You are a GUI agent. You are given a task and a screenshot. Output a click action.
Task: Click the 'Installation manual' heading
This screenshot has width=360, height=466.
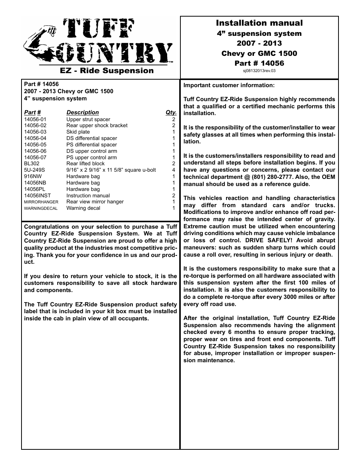coord(259,23)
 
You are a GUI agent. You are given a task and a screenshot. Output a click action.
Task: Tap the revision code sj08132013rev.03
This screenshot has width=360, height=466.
coord(259,71)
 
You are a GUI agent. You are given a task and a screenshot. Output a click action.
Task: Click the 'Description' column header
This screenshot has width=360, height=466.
coord(82,112)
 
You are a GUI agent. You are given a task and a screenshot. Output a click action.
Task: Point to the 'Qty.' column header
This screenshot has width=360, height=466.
coord(171,112)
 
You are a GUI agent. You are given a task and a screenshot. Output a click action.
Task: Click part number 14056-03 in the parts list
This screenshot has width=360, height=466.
coord(35,132)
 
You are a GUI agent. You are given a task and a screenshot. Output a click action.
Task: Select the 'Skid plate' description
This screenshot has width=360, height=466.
coord(78,132)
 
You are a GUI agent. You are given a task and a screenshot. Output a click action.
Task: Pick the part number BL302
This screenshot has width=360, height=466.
coord(32,164)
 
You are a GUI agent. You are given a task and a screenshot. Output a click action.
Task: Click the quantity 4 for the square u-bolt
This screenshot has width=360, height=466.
coord(174,170)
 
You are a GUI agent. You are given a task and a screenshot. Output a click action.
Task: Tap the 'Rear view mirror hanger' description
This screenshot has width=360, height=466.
coord(95,202)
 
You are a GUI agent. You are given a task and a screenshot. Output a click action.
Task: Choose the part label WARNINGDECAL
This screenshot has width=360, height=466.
coord(41,208)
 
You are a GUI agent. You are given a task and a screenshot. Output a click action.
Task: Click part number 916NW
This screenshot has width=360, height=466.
coord(32,177)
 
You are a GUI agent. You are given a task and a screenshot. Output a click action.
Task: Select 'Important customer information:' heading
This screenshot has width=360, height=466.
coord(229,85)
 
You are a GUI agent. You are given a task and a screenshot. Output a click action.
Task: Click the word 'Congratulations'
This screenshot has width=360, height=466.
coord(46,227)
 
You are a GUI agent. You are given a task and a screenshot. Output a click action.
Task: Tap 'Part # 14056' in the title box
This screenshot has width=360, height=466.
coord(259,63)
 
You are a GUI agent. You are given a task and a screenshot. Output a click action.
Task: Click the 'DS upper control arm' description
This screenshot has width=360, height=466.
coord(92,151)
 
